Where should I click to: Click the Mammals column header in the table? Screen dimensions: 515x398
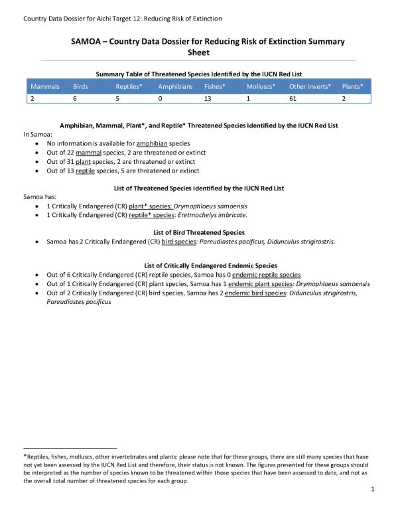44,87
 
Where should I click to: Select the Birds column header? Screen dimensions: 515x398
80,87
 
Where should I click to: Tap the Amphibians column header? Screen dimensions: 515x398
175,87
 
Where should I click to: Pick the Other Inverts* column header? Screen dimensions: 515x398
310,87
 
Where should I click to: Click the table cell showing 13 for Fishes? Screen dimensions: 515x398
209,98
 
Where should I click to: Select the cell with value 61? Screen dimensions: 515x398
293,98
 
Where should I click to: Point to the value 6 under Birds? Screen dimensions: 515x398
75,98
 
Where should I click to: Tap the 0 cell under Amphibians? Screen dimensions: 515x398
160,98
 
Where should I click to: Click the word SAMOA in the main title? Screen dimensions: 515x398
88,41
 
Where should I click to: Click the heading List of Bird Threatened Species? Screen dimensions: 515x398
199,232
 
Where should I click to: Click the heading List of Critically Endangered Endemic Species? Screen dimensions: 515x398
199,265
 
